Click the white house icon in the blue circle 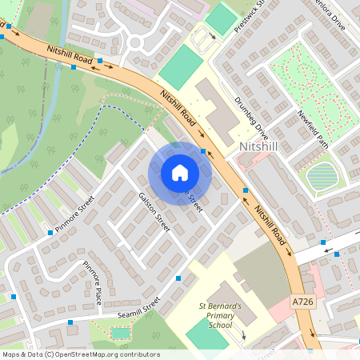[179, 173]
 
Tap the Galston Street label [154, 212]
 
